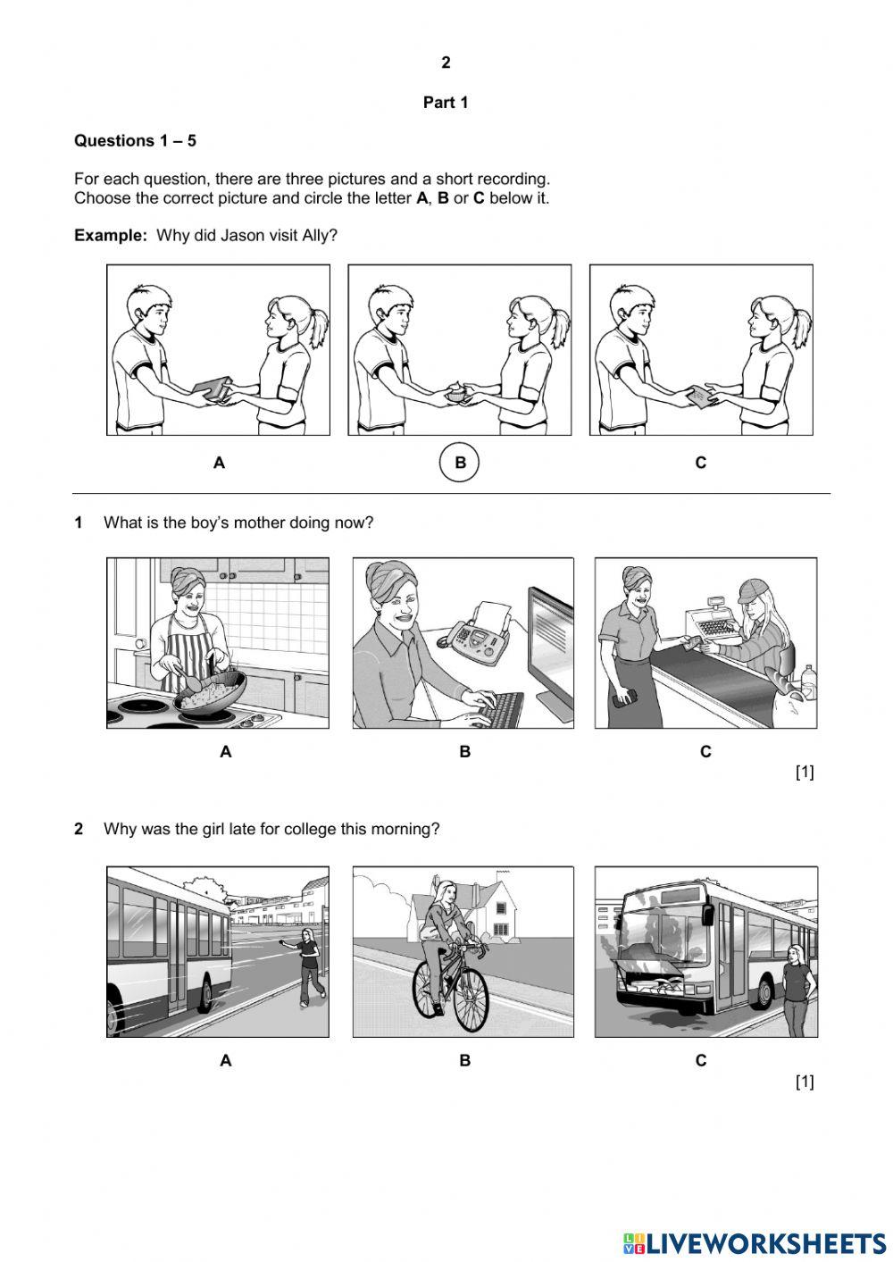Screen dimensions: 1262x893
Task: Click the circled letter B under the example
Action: pos(460,463)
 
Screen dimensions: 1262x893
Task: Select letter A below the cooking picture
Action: pos(226,752)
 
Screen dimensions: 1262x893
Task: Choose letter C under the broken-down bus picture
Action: pos(701,1060)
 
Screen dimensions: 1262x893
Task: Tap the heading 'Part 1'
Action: pos(446,103)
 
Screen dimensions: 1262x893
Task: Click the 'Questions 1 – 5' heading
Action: pos(135,140)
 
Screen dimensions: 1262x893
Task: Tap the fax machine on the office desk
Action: pos(480,635)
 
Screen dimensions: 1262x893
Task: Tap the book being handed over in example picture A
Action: pos(213,388)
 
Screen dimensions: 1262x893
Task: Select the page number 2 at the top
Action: pos(446,63)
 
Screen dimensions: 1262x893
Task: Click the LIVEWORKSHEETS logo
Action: pos(755,1242)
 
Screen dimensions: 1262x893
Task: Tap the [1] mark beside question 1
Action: pos(804,773)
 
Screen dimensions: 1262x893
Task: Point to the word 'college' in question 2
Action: pos(307,829)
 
